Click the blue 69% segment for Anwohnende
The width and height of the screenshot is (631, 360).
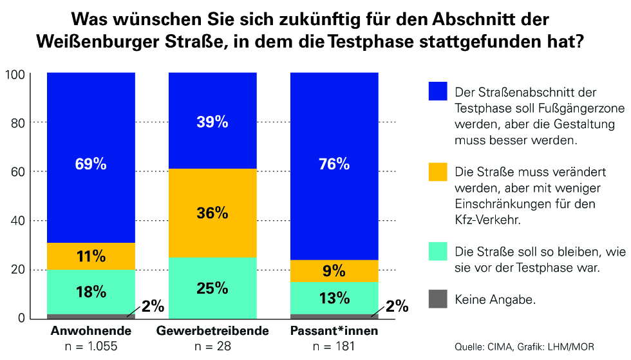point(91,158)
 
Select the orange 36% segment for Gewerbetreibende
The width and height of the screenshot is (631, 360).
point(212,213)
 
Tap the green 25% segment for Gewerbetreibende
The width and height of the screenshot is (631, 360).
point(212,289)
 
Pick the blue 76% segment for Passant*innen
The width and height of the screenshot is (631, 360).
point(334,166)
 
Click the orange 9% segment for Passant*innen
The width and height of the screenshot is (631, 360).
point(334,271)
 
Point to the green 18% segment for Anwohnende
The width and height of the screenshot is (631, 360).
point(91,292)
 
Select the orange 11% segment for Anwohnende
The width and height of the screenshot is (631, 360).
point(91,256)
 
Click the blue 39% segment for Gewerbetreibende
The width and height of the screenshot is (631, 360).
point(212,121)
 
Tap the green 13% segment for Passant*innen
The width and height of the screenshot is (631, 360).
point(334,298)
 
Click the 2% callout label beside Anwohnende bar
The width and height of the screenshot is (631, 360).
point(153,307)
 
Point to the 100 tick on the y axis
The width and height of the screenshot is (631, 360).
point(15,75)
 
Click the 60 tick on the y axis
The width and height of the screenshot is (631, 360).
point(18,172)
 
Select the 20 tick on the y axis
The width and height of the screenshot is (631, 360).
point(18,269)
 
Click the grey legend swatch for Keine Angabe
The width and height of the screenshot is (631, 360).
point(438,299)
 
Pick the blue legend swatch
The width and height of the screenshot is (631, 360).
point(438,91)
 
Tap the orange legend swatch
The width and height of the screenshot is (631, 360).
point(438,172)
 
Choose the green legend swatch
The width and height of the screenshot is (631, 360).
point(438,251)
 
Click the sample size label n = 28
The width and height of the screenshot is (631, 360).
point(212,346)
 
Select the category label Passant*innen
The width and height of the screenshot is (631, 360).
point(334,330)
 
